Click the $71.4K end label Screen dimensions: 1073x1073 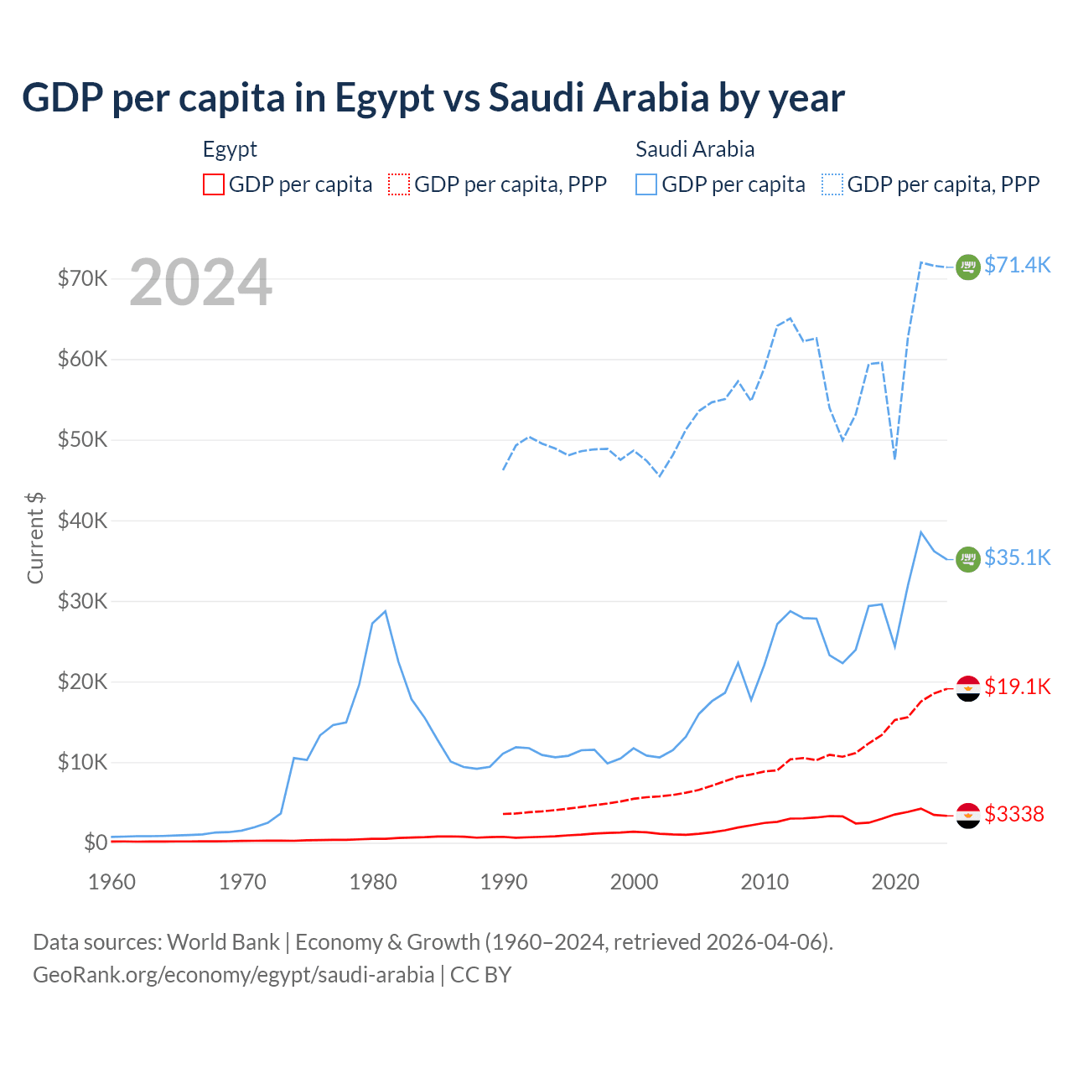click(x=1017, y=265)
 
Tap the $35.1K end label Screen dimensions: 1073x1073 click(x=1017, y=557)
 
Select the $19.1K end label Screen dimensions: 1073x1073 click(x=1017, y=687)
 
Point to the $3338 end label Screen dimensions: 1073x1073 click(x=1013, y=814)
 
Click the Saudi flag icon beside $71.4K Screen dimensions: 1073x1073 click(x=968, y=267)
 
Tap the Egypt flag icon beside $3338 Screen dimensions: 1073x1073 click(x=968, y=816)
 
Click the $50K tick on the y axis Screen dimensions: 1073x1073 click(x=82, y=440)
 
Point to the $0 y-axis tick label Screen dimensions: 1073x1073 click(x=96, y=842)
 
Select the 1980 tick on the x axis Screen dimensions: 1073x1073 click(x=373, y=882)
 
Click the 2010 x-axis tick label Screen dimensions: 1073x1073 click(x=765, y=882)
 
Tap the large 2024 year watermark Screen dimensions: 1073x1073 click(x=200, y=283)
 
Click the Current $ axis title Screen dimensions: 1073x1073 click(x=35, y=537)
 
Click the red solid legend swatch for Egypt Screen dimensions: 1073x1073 click(x=214, y=184)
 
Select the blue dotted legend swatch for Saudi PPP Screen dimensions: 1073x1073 click(x=832, y=184)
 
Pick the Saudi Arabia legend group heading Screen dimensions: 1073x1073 click(x=695, y=149)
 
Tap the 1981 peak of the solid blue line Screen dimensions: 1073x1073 click(x=385, y=611)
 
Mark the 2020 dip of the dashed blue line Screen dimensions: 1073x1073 click(x=895, y=459)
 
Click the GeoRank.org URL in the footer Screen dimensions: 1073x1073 click(x=233, y=975)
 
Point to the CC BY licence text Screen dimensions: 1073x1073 click(x=480, y=975)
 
